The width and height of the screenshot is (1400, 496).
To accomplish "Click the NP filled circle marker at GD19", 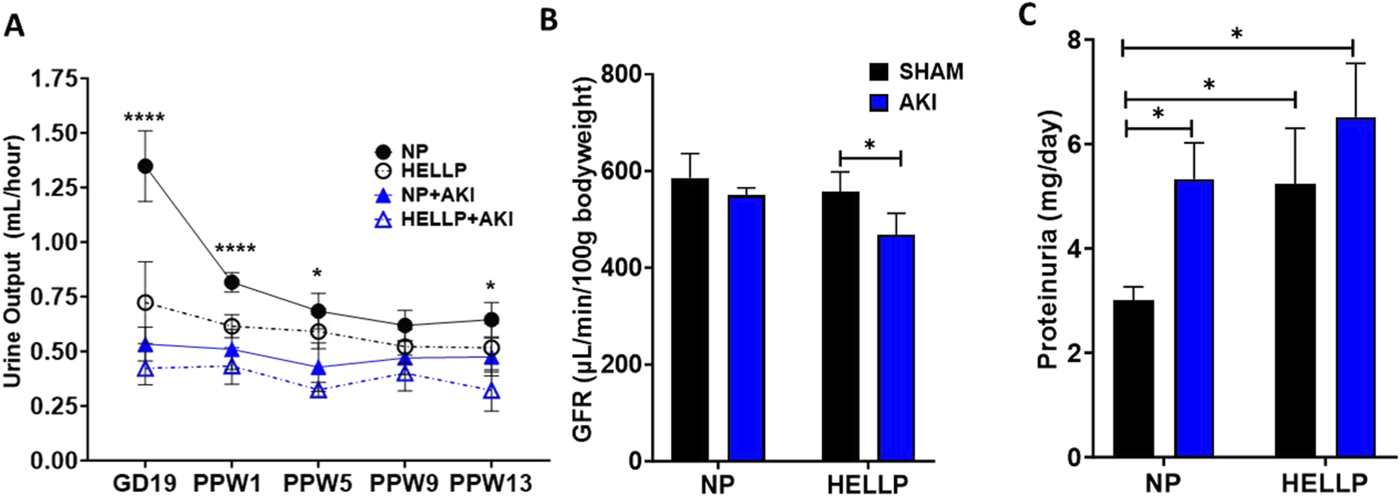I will (x=145, y=166).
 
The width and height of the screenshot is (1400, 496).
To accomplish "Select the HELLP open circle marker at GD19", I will (x=145, y=302).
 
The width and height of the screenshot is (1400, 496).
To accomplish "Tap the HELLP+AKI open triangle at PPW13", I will (x=491, y=392).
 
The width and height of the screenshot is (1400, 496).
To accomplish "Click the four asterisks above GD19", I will (x=145, y=118).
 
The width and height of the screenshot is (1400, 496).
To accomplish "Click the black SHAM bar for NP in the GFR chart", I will (x=691, y=319).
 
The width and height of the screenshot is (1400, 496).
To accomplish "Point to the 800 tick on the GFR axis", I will (x=621, y=75).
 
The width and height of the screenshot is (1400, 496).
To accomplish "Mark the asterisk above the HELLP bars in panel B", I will (x=870, y=145).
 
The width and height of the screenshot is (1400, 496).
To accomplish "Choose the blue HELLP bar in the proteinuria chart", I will (x=1356, y=287).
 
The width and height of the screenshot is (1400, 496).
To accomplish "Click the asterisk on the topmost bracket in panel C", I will (x=1237, y=33).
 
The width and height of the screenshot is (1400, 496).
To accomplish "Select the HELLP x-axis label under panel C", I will (x=1323, y=483).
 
